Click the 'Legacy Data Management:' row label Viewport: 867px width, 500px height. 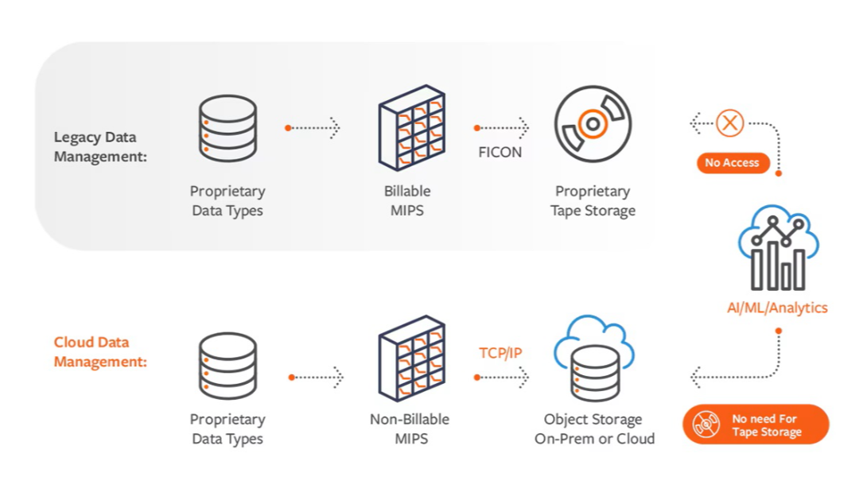point(100,147)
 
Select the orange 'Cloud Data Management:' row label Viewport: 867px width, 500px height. point(100,352)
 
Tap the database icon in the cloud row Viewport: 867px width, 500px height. point(227,365)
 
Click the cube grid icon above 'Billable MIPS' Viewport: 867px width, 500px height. point(410,127)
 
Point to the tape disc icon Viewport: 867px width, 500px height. point(593,125)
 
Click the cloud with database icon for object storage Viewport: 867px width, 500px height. point(593,359)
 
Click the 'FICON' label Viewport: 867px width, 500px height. point(500,152)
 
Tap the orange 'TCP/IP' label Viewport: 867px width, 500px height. point(500,352)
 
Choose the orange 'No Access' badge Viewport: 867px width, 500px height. point(733,163)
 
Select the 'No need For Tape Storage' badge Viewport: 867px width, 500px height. point(756,425)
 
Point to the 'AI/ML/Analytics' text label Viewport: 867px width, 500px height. point(777,308)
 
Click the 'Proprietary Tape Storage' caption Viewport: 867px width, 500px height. point(593,201)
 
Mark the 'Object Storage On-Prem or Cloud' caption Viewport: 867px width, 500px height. point(593,428)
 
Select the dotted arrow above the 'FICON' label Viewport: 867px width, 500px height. point(501,127)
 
